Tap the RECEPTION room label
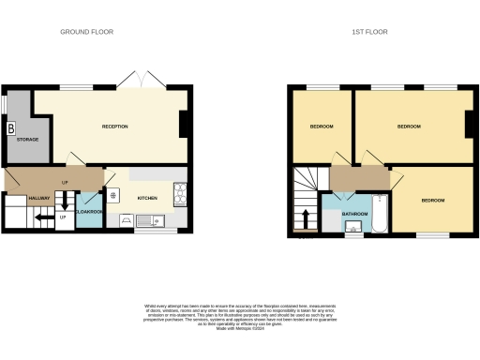(x=115, y=127)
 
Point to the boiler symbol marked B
(x=11, y=128)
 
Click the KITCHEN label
(x=148, y=198)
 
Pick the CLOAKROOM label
(x=90, y=213)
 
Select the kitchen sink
(x=153, y=222)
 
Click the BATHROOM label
(x=354, y=214)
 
